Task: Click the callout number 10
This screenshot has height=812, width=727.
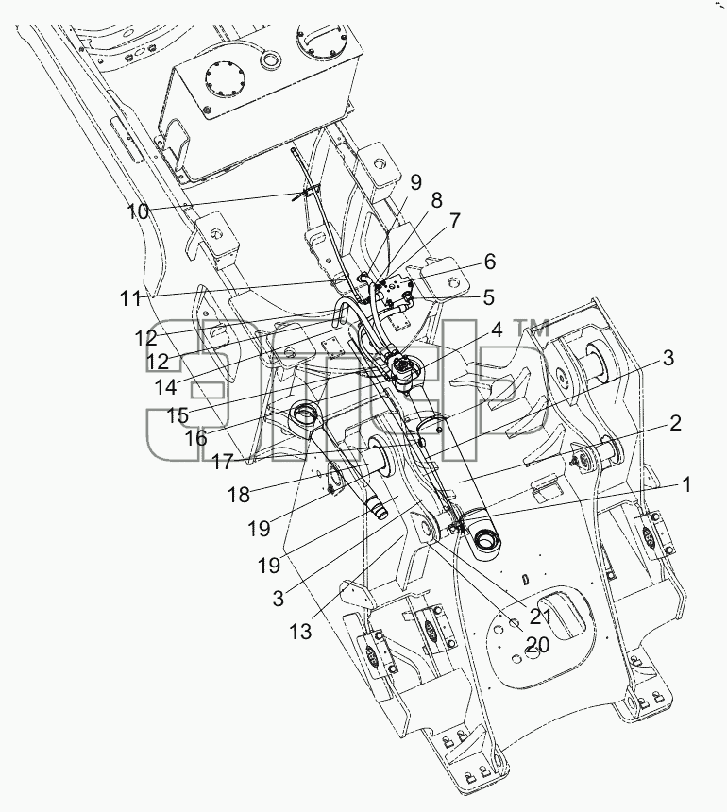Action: pyautogui.click(x=138, y=211)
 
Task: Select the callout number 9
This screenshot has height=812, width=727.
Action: pyautogui.click(x=415, y=182)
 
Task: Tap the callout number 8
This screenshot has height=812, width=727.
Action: pyautogui.click(x=436, y=200)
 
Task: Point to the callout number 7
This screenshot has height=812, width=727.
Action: pyautogui.click(x=454, y=221)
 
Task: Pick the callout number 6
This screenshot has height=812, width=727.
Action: pyautogui.click(x=489, y=262)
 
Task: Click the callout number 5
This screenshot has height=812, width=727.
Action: pyautogui.click(x=488, y=297)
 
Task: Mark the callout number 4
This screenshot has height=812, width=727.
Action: pyautogui.click(x=497, y=330)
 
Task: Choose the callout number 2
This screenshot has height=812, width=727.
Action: pyautogui.click(x=675, y=424)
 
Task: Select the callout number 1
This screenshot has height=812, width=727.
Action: pyautogui.click(x=686, y=485)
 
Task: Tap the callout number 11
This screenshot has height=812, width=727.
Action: pyautogui.click(x=130, y=298)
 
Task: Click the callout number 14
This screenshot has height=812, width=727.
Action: pyautogui.click(x=165, y=385)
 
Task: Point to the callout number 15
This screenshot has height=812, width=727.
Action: pyautogui.click(x=178, y=414)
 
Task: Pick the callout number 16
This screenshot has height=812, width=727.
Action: pyautogui.click(x=195, y=438)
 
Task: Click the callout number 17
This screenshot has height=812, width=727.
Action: pyautogui.click(x=223, y=462)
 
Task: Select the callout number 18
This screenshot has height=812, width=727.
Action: pyautogui.click(x=239, y=495)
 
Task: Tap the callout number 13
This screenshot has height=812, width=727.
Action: pyautogui.click(x=301, y=631)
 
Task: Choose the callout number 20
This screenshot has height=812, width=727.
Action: pyautogui.click(x=537, y=645)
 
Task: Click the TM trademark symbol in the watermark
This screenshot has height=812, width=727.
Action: pyautogui.click(x=531, y=329)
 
